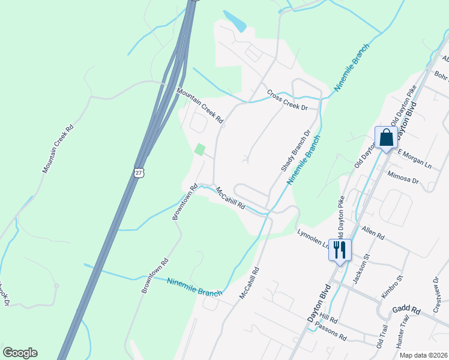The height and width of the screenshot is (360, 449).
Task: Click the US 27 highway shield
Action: (x=139, y=172)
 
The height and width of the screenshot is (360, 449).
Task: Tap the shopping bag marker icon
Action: (x=387, y=137)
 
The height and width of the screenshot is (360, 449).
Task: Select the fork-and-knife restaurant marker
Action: (x=340, y=249)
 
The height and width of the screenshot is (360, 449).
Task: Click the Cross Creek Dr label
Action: (x=287, y=100)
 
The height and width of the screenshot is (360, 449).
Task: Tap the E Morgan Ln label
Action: (x=414, y=160)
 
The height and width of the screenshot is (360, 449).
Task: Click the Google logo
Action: (x=20, y=353)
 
